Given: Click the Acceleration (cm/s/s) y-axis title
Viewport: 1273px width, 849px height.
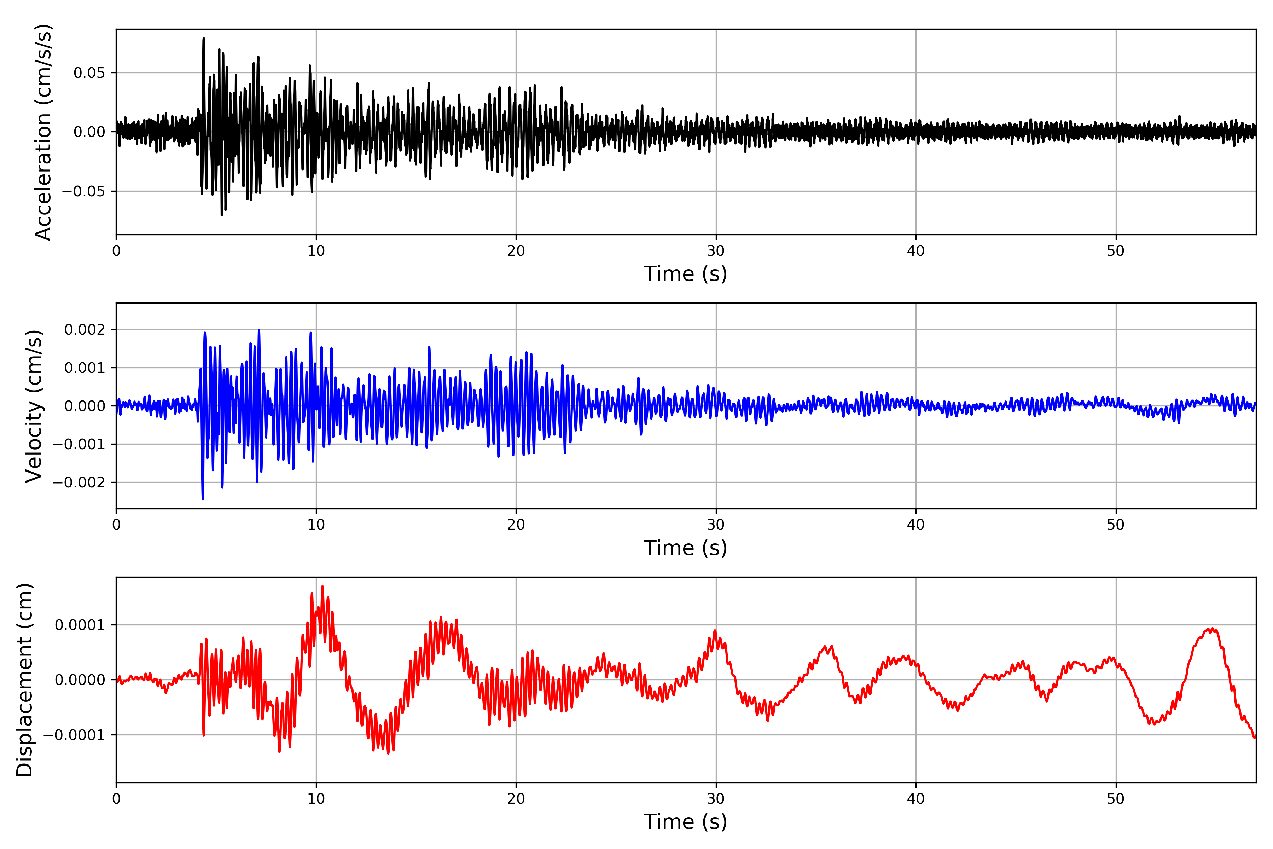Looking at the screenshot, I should [x=43, y=132].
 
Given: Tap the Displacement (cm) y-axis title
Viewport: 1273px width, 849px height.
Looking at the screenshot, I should [x=24, y=680].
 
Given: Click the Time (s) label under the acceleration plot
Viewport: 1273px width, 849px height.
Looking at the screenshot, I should [x=685, y=274].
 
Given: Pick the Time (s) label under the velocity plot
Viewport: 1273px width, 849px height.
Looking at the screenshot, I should [x=685, y=548].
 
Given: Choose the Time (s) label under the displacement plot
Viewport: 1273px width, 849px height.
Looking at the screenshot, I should [x=685, y=822].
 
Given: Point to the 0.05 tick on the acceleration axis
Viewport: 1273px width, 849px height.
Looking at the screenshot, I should [x=89, y=73].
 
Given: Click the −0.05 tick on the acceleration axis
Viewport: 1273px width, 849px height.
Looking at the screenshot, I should [x=83, y=191].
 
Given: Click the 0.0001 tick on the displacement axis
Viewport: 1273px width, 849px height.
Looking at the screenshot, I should [x=80, y=625].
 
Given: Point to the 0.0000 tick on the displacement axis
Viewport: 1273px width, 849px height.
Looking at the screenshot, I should [x=80, y=680].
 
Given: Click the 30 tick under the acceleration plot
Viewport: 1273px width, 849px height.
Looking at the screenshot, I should [x=715, y=251].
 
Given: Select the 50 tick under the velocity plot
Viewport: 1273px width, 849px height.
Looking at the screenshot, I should [x=1116, y=525].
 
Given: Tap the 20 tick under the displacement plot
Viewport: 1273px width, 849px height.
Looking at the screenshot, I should [x=516, y=799].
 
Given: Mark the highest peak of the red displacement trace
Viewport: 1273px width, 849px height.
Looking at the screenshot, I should [x=322, y=587].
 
